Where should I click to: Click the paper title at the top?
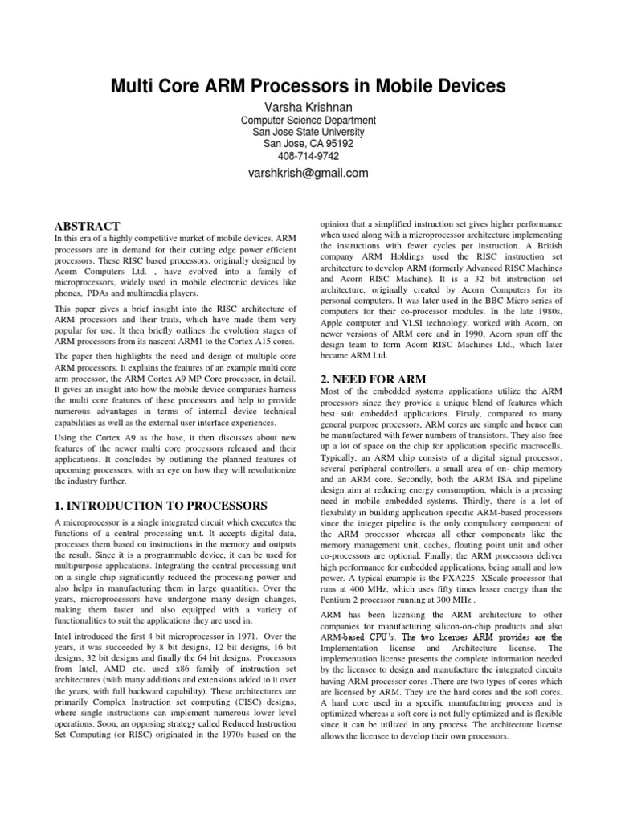[x=308, y=85]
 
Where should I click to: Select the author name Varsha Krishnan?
[x=308, y=106]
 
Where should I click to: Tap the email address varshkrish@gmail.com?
[x=308, y=173]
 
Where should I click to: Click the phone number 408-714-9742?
[x=308, y=155]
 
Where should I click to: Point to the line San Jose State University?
[x=308, y=132]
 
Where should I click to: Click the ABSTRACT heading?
[x=87, y=227]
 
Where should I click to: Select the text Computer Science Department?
[x=308, y=121]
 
